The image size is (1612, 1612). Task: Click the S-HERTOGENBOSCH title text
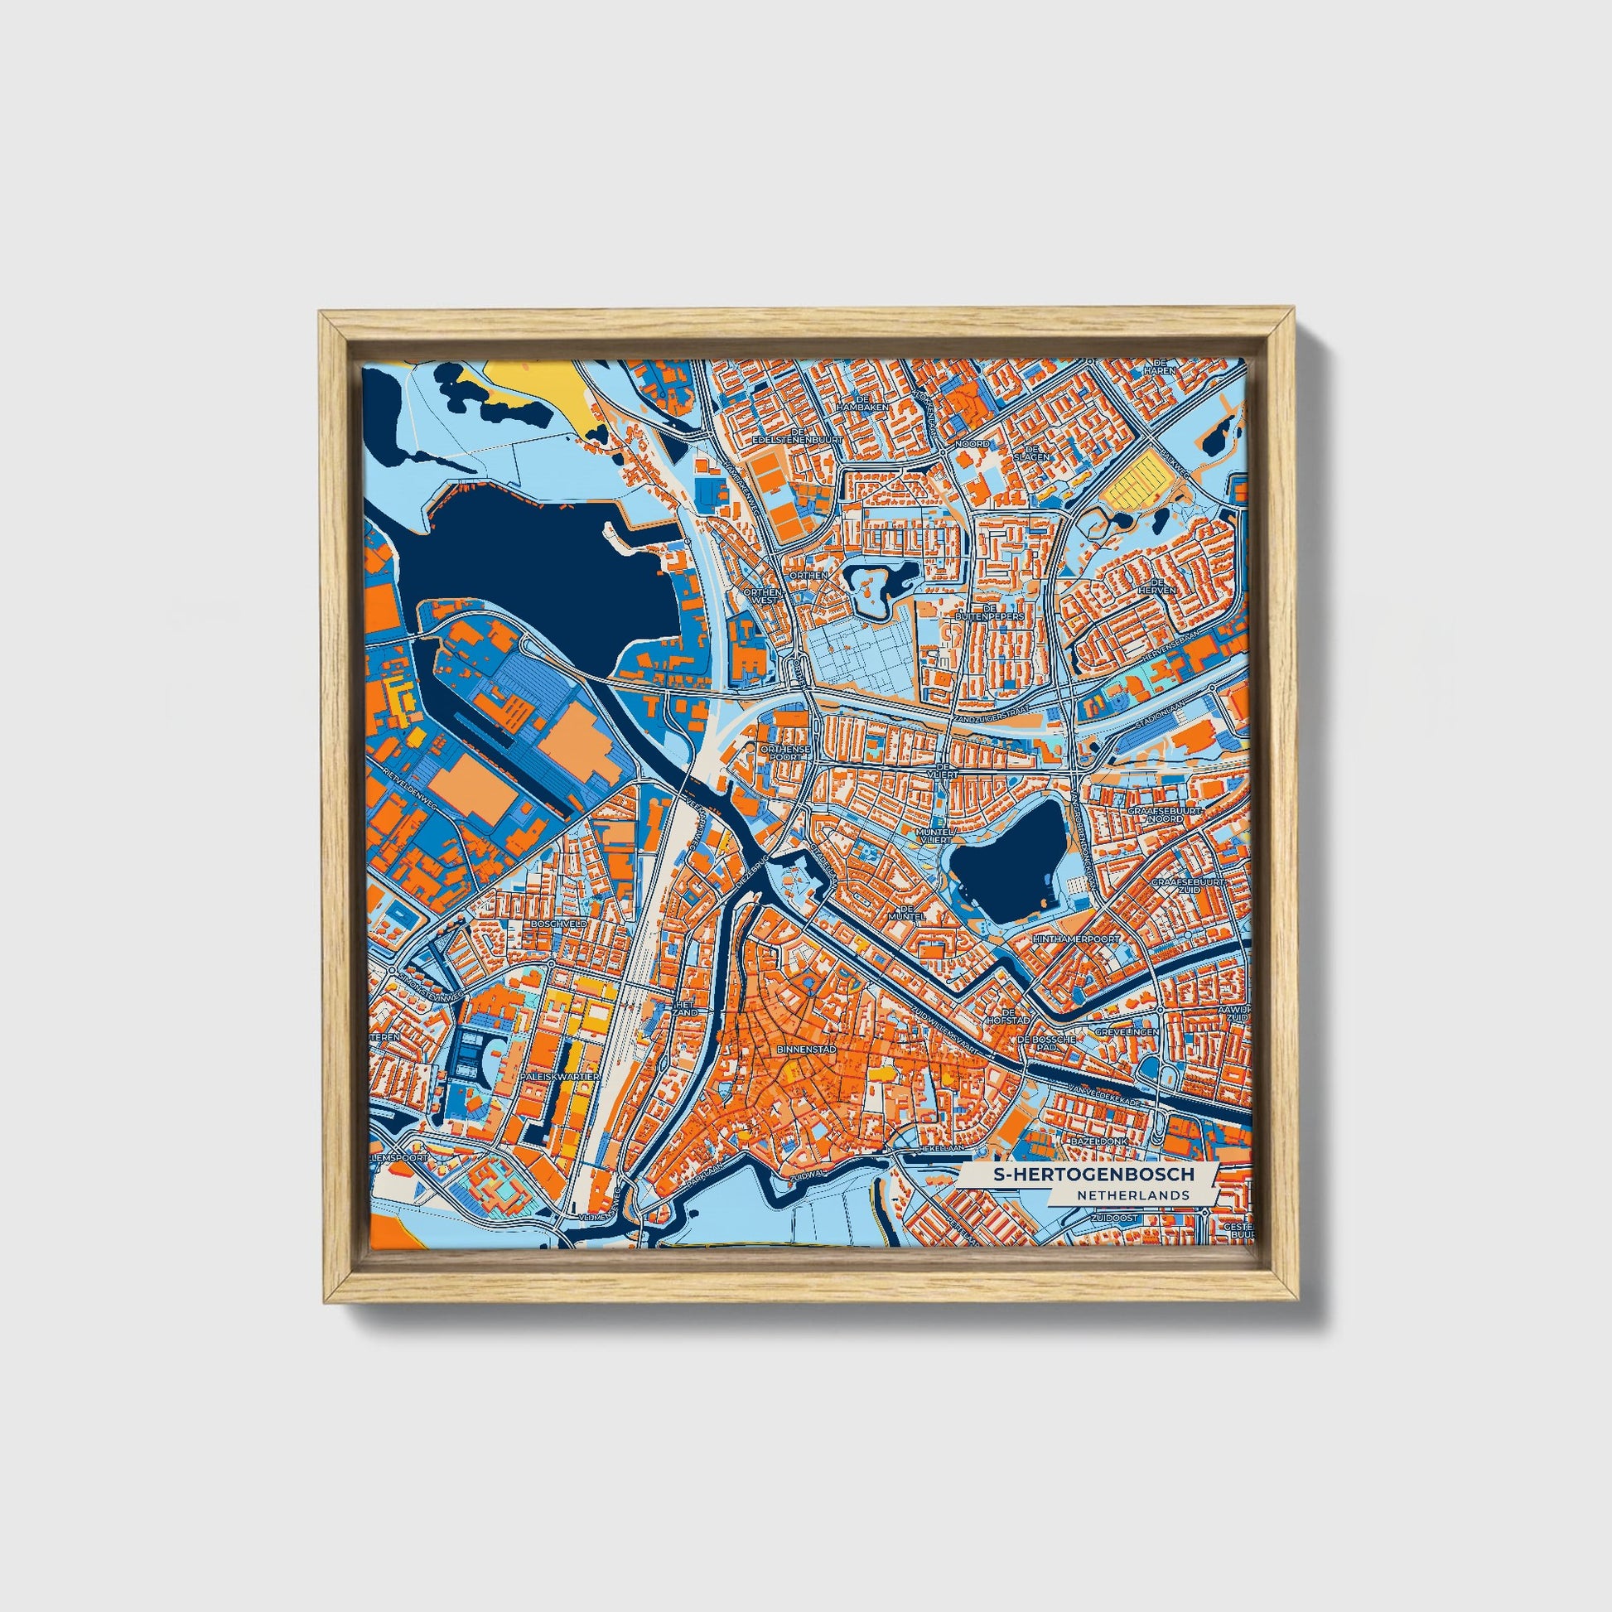pyautogui.click(x=1093, y=1175)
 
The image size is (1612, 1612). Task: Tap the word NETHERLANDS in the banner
pyautogui.click(x=1132, y=1195)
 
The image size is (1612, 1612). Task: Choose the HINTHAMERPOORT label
pyautogui.click(x=1079, y=939)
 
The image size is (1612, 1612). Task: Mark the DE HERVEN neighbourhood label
pyautogui.click(x=1163, y=586)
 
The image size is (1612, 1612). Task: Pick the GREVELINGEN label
pyautogui.click(x=1127, y=1032)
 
